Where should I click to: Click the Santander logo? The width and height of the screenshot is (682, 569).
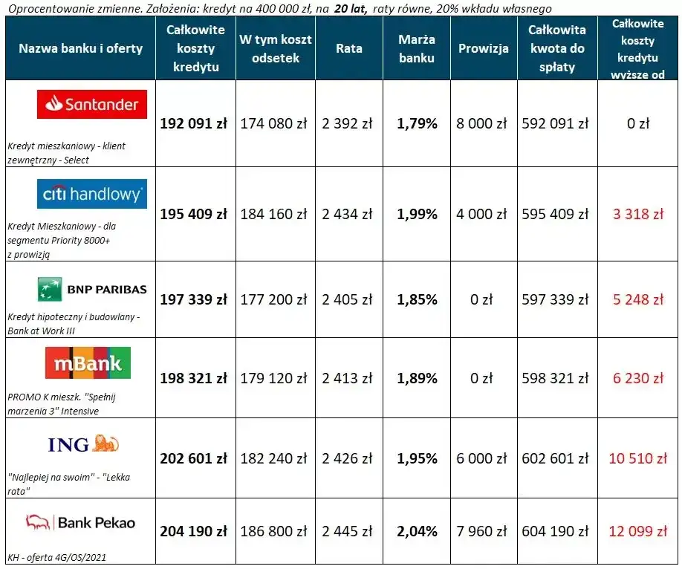coord(92,105)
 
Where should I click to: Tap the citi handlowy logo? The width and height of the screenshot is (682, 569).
coord(92,194)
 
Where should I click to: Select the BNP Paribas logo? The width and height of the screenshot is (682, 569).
coord(92,289)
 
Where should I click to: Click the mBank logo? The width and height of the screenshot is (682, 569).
coord(88,363)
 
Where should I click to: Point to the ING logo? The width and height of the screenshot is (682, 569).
coord(83,444)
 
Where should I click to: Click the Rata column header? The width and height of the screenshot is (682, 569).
coord(349,48)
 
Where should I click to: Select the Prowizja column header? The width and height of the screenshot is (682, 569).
coord(484,48)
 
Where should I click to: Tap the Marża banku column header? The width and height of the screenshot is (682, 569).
coord(417,48)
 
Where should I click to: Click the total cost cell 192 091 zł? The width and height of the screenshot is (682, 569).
coord(194,124)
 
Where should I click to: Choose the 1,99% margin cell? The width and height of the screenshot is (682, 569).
coord(417,215)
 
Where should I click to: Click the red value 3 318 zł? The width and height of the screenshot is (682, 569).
coord(637,215)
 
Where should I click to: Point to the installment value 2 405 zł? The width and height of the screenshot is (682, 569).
coord(347,300)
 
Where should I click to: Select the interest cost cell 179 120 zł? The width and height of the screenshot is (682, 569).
coord(273,378)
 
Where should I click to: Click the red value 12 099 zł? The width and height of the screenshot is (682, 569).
coord(637,531)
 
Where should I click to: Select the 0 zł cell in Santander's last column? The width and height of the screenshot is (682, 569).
coord(637,124)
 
